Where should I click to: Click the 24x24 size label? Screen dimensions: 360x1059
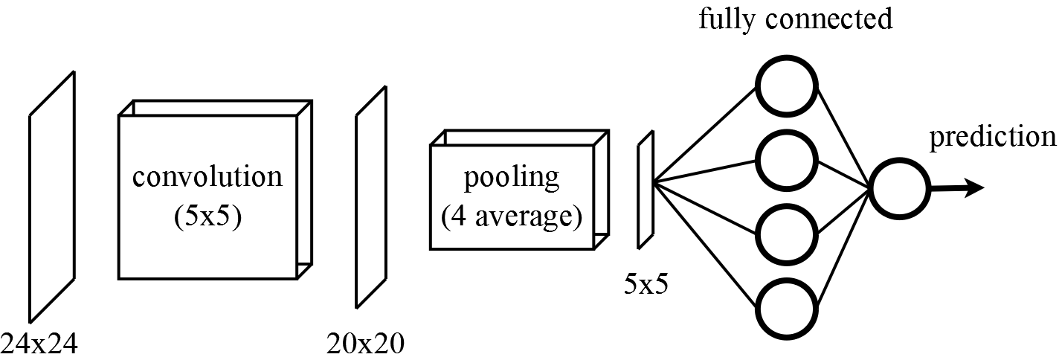point(39,344)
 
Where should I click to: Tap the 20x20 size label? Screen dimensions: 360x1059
point(365,344)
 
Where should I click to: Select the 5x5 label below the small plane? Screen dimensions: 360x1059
point(646,283)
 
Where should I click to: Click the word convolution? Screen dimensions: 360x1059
point(207,178)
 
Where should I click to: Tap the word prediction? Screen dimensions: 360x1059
point(992,136)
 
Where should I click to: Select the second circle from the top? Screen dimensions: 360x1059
point(785,158)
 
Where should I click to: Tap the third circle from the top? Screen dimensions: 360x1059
point(785,232)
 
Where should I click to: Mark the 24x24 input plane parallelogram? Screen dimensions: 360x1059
point(52,196)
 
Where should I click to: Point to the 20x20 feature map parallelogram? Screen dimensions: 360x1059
point(371,196)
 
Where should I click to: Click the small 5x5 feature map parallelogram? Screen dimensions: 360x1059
point(645,190)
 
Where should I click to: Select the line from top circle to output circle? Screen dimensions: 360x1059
point(843,138)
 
